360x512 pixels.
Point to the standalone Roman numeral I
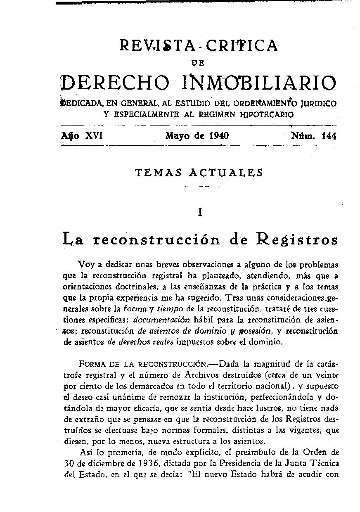pos(200,212)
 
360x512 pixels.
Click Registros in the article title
pos(296,239)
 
